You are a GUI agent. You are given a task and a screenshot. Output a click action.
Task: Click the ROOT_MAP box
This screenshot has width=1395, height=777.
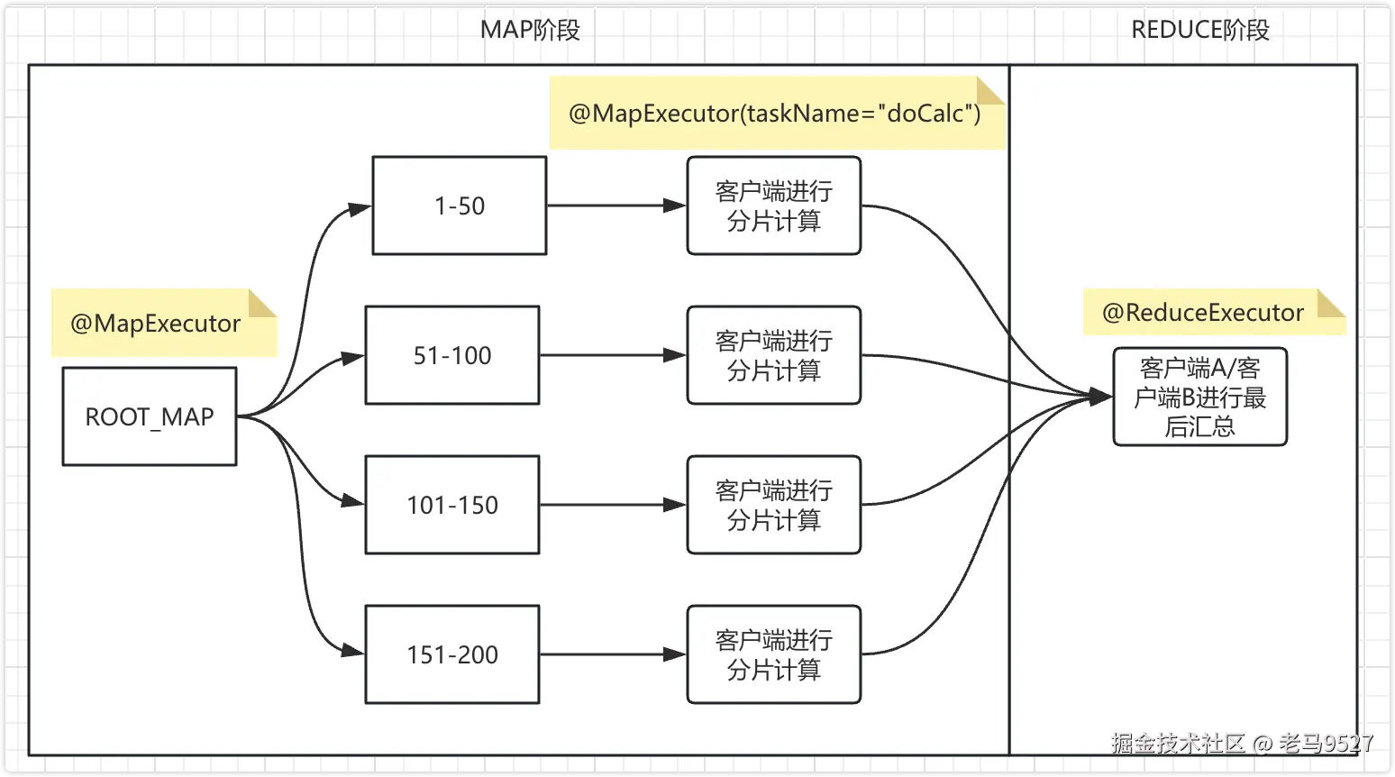click(x=150, y=416)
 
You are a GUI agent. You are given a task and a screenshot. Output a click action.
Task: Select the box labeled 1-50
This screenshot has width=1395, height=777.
click(x=460, y=206)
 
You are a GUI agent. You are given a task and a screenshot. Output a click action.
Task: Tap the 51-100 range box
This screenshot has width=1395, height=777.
click(x=452, y=355)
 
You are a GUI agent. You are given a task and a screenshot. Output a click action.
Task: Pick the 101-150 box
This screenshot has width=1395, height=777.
click(x=452, y=505)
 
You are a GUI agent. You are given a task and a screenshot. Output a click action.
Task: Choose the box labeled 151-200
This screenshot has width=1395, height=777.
click(x=452, y=654)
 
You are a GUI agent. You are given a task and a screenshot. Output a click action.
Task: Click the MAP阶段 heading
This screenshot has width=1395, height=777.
click(x=530, y=30)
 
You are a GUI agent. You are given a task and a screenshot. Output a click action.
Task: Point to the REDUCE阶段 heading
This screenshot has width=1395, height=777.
click(x=1199, y=30)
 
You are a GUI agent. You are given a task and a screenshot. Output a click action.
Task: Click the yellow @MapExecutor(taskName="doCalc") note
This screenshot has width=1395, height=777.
click(x=775, y=114)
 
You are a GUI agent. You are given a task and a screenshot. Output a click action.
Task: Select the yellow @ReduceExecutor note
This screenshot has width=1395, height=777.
click(x=1203, y=313)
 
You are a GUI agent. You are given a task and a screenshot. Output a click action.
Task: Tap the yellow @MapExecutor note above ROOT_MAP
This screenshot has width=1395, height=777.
click(x=156, y=324)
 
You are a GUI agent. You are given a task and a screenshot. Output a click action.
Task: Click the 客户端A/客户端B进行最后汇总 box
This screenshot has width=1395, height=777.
click(x=1199, y=397)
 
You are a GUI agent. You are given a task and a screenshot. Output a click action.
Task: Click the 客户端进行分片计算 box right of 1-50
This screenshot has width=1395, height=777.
click(x=773, y=206)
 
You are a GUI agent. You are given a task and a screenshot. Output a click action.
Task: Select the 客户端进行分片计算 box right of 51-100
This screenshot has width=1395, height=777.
click(x=773, y=355)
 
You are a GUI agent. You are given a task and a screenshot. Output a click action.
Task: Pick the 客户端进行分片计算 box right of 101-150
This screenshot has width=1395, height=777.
click(x=773, y=505)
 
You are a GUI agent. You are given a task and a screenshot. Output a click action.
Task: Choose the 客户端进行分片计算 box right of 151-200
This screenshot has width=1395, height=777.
click(x=773, y=654)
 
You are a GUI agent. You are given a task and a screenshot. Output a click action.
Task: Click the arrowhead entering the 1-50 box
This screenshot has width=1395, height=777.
click(x=360, y=209)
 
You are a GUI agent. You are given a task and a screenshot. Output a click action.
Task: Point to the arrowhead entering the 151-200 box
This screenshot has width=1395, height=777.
click(x=353, y=651)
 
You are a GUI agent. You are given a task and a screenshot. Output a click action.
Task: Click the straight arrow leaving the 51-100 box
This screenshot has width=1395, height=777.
click(x=613, y=355)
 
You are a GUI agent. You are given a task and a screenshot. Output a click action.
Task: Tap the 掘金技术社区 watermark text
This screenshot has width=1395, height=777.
click(x=1177, y=743)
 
